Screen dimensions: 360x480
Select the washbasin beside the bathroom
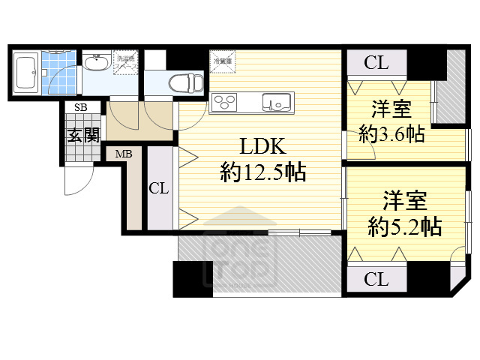coord(96,64)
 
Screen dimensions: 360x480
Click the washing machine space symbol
coord(124,62)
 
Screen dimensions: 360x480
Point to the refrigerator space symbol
coord(223,60)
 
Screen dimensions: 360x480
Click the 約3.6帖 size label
coord(391,134)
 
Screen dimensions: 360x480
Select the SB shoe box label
coord(80,108)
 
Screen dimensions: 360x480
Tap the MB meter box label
coord(123,154)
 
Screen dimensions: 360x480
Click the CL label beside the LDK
coord(159,188)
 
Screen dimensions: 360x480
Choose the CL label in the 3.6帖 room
coord(376,63)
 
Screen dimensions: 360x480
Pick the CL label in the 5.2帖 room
coord(376,280)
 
